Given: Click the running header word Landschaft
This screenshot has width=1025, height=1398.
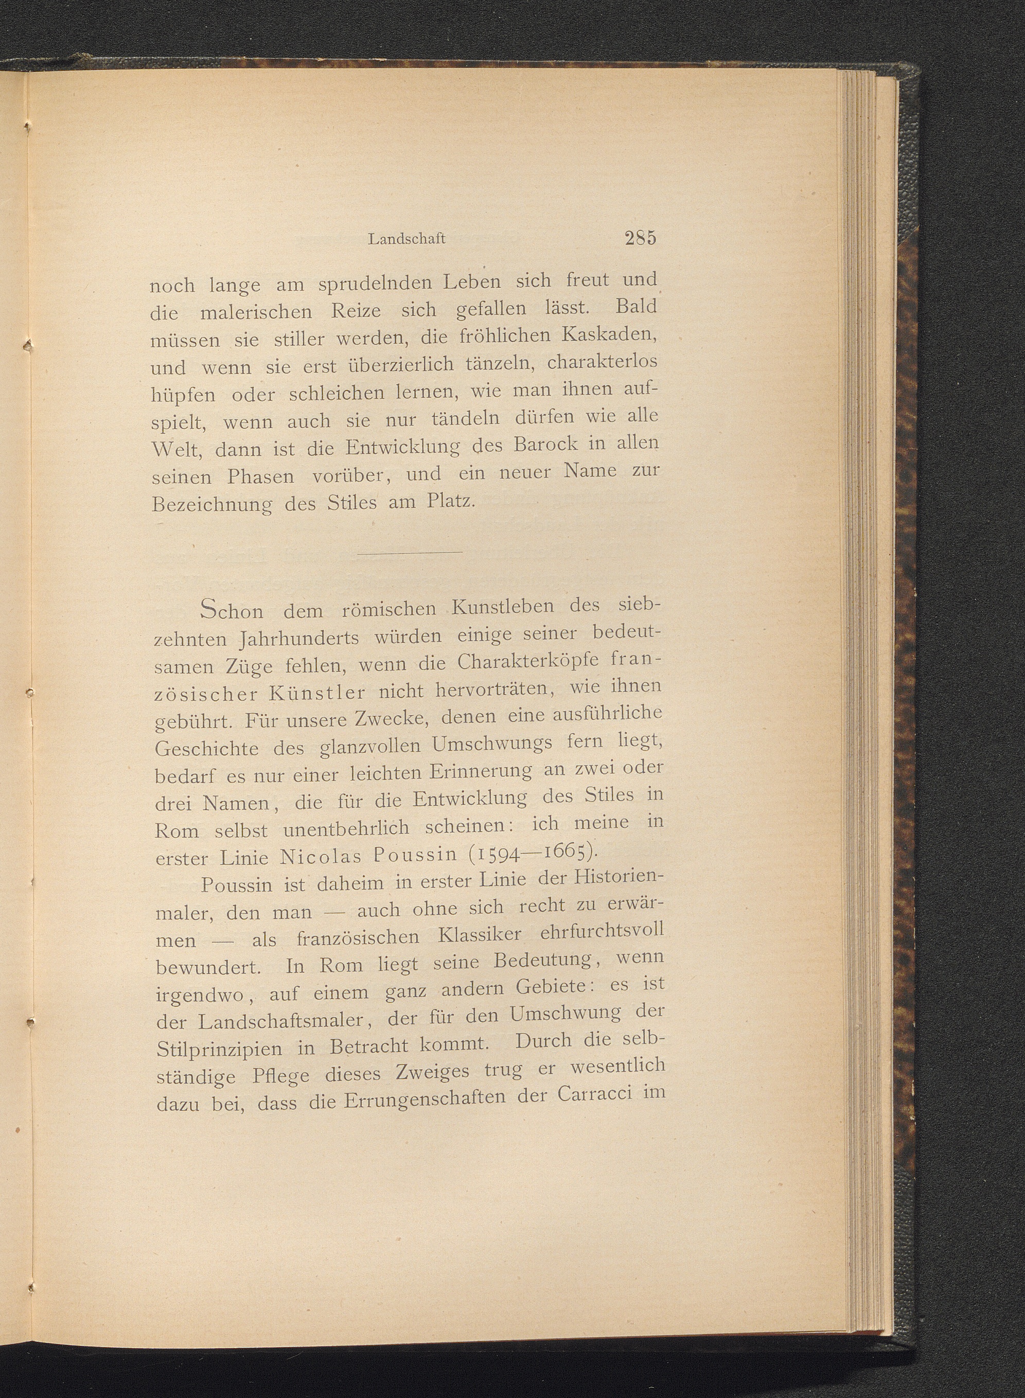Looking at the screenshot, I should pos(407,239).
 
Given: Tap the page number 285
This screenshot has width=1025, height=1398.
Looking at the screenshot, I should pos(641,238).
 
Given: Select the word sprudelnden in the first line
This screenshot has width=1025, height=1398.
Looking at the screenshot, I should pos(376,284).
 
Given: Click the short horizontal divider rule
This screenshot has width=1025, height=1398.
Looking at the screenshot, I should pos(410,552).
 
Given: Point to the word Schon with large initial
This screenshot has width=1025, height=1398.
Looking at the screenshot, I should pos(232,611).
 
